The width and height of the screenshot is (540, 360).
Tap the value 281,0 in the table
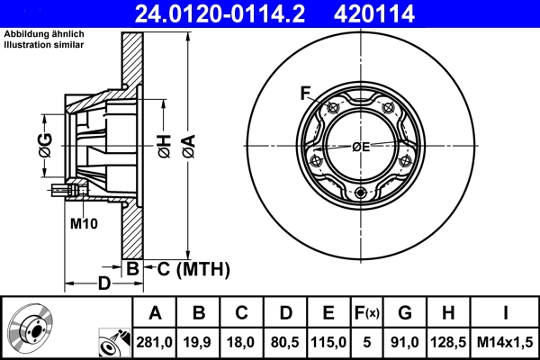pos(155,342)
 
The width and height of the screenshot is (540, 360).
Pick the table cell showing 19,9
pos(199,342)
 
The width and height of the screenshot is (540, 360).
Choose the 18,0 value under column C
pos(242,342)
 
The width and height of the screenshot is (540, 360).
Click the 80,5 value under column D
pos(285,342)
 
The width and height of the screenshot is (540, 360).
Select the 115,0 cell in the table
pos(328,342)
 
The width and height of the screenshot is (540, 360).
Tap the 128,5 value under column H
pos(448,342)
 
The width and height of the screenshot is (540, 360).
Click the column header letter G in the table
pos(405,314)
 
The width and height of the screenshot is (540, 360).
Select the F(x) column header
pos(367,314)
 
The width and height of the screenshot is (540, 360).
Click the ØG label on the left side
pos(46,142)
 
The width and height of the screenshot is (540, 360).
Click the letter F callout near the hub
pos(305,94)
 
